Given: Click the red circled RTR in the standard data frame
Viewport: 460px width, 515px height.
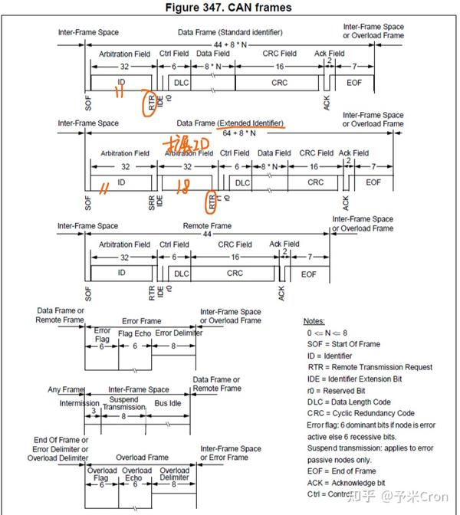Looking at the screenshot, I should coord(151,101).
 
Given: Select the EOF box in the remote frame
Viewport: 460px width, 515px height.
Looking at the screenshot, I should coord(308,274).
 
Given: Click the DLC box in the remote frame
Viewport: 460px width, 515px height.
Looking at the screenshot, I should coord(181,274).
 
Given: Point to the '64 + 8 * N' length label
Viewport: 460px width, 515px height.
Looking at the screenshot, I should coord(239,133).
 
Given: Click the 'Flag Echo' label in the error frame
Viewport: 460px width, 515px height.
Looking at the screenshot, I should coord(135,333).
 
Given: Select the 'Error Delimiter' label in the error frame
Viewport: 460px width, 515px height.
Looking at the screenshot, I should coord(179,333).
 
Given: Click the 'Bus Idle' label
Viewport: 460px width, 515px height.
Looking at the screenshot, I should coord(168,402).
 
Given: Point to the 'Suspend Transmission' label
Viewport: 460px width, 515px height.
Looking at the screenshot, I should coord(123,404).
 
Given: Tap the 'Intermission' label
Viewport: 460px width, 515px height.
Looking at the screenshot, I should coord(80,403).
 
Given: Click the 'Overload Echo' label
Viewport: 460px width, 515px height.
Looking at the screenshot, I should coord(137,474).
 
